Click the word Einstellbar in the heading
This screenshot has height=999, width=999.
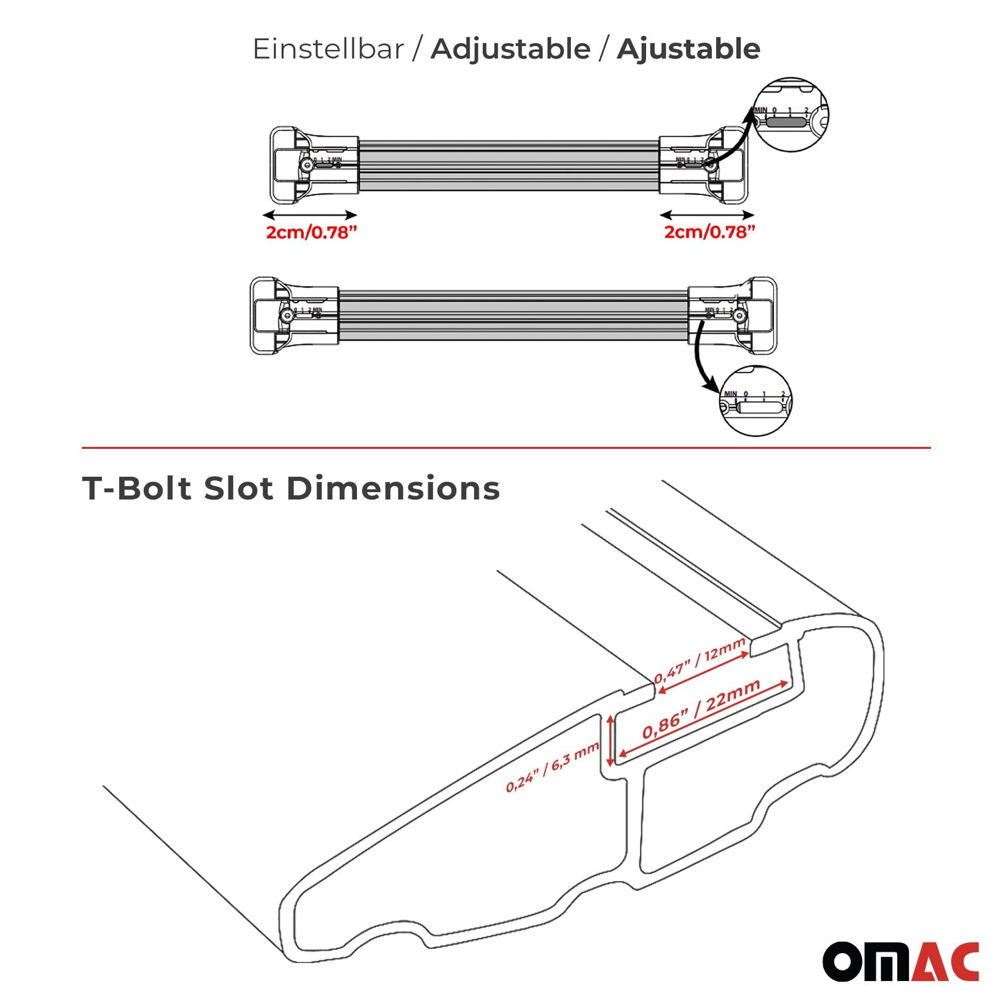tap(328, 49)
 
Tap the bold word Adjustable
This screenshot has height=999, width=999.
tap(510, 49)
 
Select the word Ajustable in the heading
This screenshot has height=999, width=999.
tap(688, 49)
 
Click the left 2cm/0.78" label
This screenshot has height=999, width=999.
tap(307, 232)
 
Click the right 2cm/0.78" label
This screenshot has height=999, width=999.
tap(709, 232)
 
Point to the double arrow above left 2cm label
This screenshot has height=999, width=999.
tap(310, 214)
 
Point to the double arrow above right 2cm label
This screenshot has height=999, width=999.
tap(707, 214)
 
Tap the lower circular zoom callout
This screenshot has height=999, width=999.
tap(757, 402)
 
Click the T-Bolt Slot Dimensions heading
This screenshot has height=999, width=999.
tap(291, 488)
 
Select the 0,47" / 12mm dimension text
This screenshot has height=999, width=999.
tap(699, 661)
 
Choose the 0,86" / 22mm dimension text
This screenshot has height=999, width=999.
tap(701, 709)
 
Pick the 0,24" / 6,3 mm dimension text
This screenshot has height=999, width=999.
tap(553, 767)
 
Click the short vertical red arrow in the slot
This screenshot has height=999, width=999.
tap(609, 741)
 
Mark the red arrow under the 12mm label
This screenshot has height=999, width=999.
tap(703, 674)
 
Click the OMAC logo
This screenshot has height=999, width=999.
tap(900, 961)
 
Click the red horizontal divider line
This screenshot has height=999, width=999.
tap(506, 448)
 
